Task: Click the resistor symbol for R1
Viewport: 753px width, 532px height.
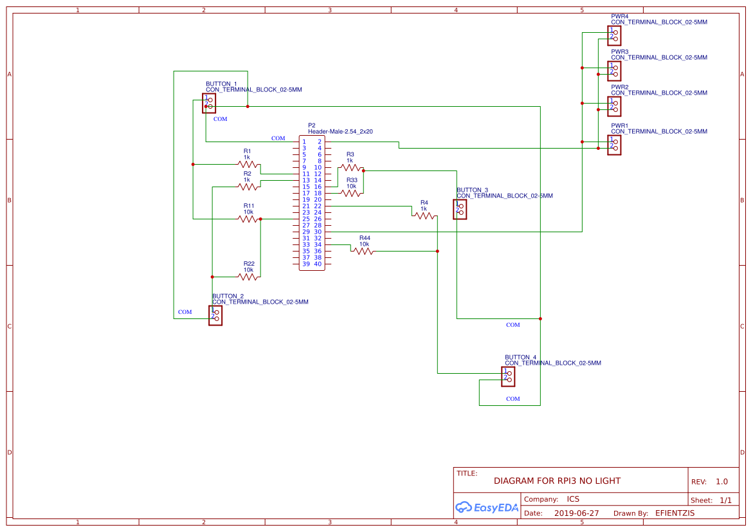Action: (248, 164)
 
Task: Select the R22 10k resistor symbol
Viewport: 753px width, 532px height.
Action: (248, 277)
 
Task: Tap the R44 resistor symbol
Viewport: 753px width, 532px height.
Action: (363, 251)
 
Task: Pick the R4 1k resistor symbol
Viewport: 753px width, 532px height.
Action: (424, 216)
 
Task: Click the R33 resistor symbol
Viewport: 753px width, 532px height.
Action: (350, 193)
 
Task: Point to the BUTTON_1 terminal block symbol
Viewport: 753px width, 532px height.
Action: (209, 103)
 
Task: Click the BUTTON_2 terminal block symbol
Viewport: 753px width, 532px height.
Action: (215, 315)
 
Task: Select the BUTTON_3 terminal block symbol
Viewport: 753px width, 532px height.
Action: (460, 210)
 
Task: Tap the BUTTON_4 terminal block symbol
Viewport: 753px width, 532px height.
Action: (508, 376)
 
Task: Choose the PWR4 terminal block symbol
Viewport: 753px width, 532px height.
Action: (614, 35)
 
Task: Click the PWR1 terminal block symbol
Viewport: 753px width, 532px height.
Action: (614, 145)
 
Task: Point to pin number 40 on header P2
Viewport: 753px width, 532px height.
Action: (318, 264)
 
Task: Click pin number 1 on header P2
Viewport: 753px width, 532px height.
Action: (304, 142)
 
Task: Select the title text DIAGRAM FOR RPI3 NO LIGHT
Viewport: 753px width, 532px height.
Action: (557, 481)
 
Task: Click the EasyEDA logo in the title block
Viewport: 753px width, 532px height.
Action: (487, 508)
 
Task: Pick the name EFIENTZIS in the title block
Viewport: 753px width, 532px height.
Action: (675, 513)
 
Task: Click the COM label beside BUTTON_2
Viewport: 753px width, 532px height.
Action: (185, 312)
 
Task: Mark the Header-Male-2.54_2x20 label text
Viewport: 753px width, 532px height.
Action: (340, 131)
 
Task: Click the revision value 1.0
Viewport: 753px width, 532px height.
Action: (721, 481)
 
